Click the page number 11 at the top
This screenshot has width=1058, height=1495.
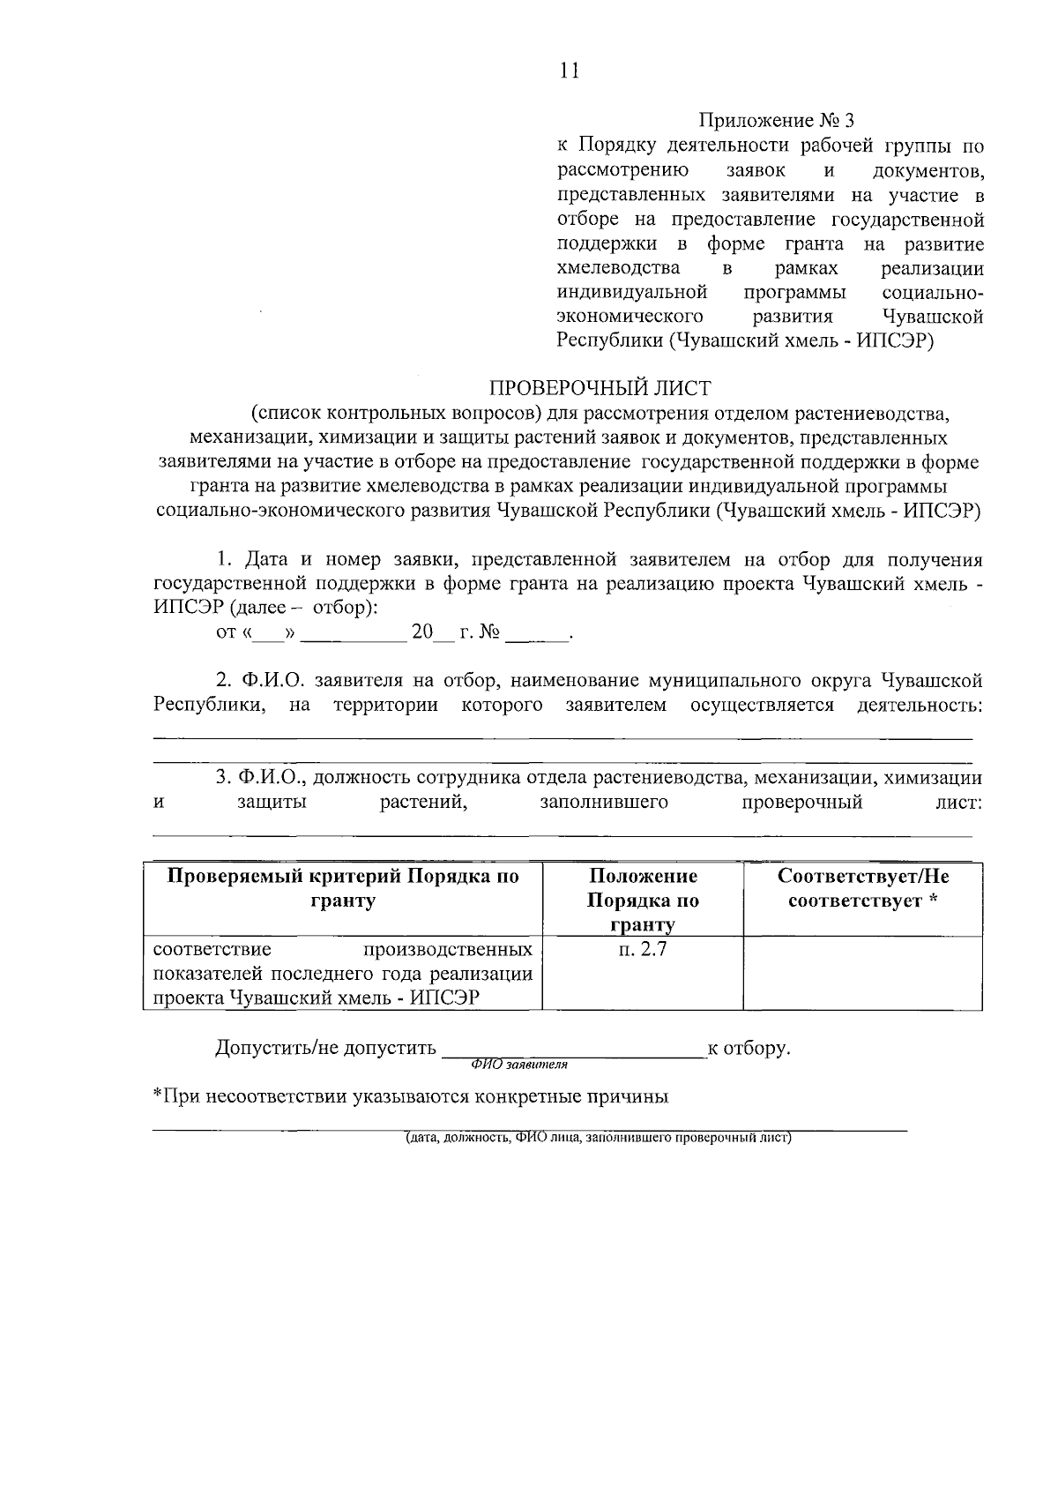(x=569, y=71)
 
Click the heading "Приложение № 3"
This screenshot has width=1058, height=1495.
(x=777, y=120)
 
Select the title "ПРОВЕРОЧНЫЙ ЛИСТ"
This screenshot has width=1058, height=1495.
(x=600, y=387)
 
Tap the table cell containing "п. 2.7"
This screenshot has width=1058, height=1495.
(x=642, y=951)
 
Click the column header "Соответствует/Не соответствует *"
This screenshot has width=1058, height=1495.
(x=862, y=889)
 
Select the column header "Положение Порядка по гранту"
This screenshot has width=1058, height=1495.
(x=642, y=900)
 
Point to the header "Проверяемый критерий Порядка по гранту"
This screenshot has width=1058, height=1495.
(x=343, y=889)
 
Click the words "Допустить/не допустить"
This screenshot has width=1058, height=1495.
(x=325, y=1048)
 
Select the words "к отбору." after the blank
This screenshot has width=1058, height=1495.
(x=749, y=1048)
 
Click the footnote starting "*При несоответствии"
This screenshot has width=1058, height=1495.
(x=410, y=1097)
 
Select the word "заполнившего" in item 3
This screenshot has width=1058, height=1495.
(x=603, y=802)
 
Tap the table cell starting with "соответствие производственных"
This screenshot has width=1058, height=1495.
(x=343, y=974)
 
